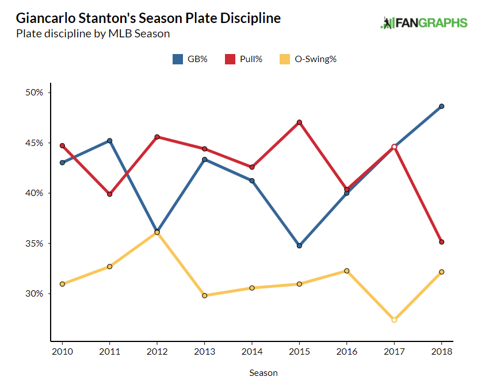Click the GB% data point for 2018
click(x=441, y=106)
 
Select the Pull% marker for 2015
click(x=299, y=122)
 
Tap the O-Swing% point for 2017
click(x=394, y=320)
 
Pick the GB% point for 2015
click(x=299, y=246)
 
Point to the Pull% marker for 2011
click(x=109, y=194)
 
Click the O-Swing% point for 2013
click(x=204, y=295)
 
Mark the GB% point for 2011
click(x=109, y=140)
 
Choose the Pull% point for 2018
click(x=441, y=242)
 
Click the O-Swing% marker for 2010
click(x=62, y=284)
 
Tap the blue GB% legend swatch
click(x=177, y=59)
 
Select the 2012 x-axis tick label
click(x=156, y=352)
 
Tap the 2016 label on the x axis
click(x=346, y=352)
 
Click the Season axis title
click(x=263, y=373)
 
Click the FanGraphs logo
click(x=424, y=23)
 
